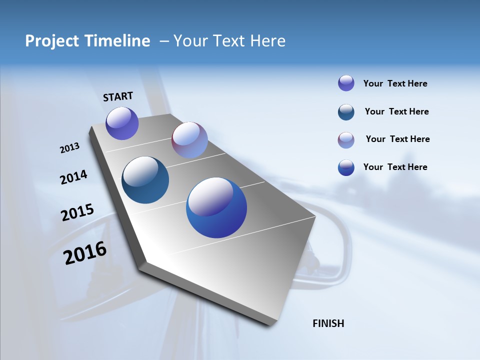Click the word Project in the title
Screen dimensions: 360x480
click(x=49, y=41)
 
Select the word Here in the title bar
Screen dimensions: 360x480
click(x=267, y=41)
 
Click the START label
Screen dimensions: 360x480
click(x=118, y=96)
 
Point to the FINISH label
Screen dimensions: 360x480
click(x=328, y=323)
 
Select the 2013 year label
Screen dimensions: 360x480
click(x=69, y=148)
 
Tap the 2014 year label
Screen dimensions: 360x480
click(x=73, y=177)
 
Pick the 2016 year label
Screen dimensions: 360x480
click(x=85, y=253)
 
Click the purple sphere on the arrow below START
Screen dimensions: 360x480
click(x=122, y=123)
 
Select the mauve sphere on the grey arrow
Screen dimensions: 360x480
click(x=189, y=140)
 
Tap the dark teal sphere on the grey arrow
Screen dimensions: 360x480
click(x=145, y=180)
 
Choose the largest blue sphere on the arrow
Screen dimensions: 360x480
click(x=216, y=207)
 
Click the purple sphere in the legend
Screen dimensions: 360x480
click(x=346, y=83)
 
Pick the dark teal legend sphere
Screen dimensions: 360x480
click(x=346, y=112)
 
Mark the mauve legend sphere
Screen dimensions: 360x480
click(x=346, y=140)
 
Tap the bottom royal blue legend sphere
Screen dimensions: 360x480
click(x=346, y=167)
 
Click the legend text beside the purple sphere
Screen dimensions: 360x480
click(x=395, y=83)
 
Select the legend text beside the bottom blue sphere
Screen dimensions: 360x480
click(x=395, y=167)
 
